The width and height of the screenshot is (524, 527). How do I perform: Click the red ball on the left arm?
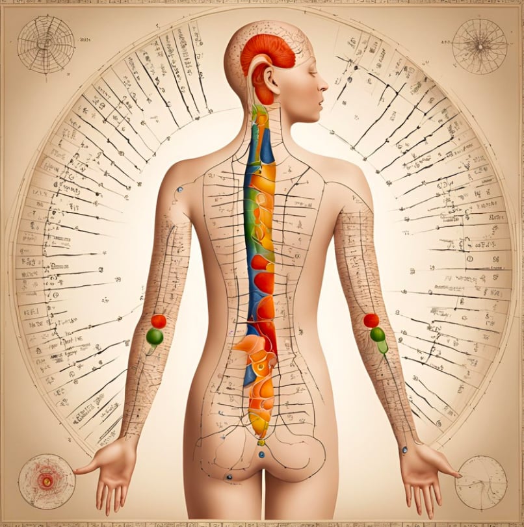pos(159,321)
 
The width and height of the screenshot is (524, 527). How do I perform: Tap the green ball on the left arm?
pos(155,337)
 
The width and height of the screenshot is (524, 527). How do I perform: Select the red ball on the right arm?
pos(371,320)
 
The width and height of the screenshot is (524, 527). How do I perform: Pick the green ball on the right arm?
pos(378,335)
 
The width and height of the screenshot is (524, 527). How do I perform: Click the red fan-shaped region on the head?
pos(268,51)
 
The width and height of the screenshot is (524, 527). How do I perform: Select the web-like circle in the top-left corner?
pos(46,44)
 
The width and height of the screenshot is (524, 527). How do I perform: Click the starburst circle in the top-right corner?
pos(479,45)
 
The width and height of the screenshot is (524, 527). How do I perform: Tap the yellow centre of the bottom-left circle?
pos(46,482)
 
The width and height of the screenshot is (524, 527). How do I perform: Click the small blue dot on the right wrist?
pos(404,449)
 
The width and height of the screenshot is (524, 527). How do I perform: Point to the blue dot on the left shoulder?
pos(179,190)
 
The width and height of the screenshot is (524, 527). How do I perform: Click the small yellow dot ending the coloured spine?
pos(261,443)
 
